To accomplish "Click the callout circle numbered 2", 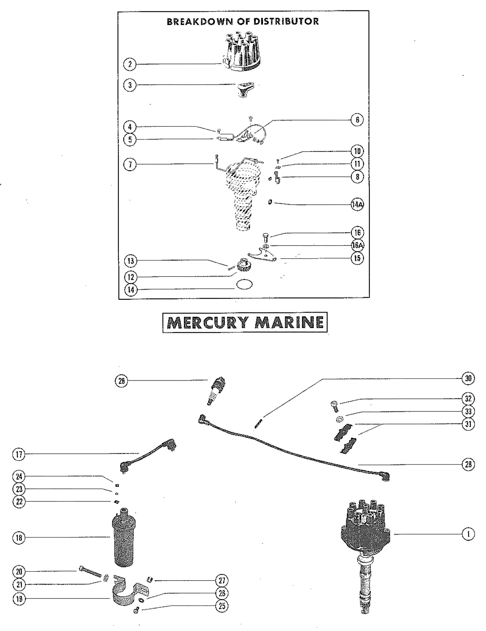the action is click(x=130, y=64).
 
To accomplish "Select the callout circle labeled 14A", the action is click(x=357, y=205).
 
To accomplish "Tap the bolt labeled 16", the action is click(x=266, y=239).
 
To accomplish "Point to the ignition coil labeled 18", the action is click(x=124, y=540).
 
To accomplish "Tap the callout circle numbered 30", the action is click(x=468, y=378).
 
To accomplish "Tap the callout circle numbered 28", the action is click(x=468, y=464).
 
